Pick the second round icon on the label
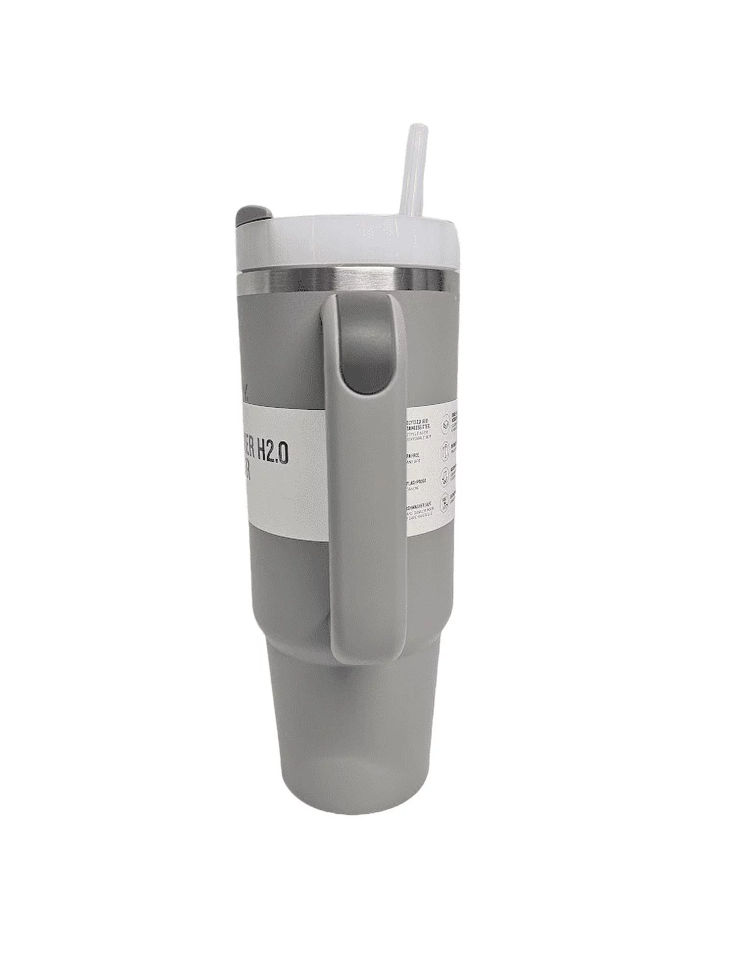[x=445, y=448]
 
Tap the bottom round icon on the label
[x=445, y=501]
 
